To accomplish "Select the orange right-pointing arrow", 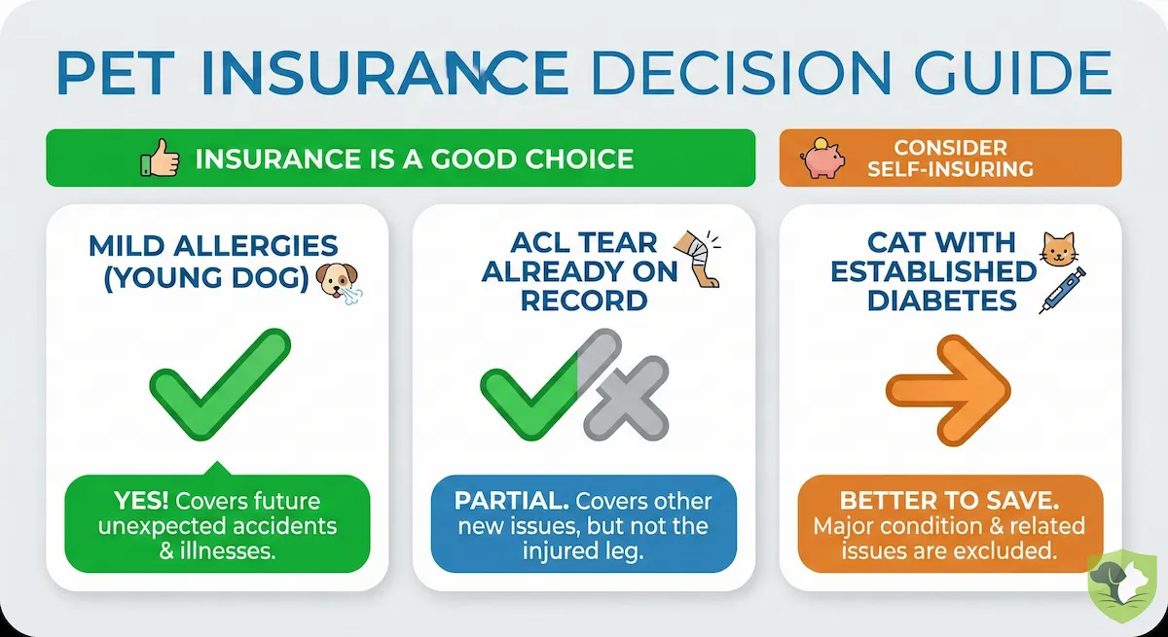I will coord(948,388).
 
